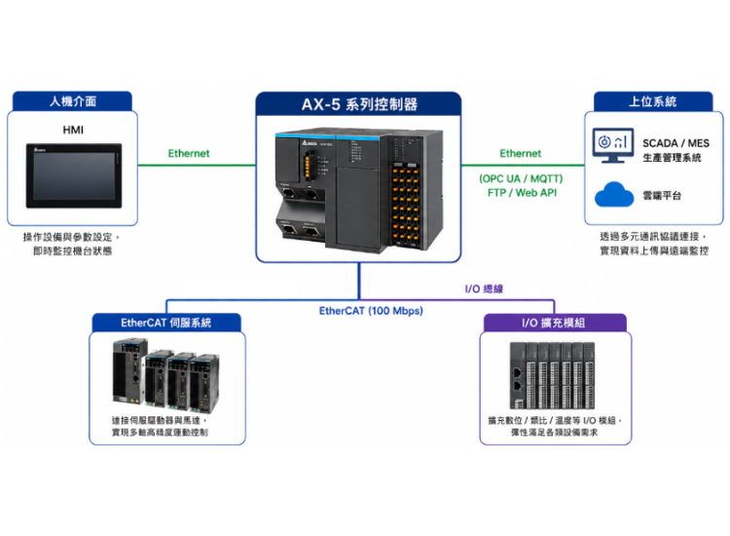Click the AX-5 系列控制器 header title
[359, 104]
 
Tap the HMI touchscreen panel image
[74, 175]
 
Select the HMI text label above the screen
[73, 130]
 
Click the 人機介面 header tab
[73, 101]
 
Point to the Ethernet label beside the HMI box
[189, 153]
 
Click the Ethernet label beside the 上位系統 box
[521, 153]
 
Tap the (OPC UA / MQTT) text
[521, 178]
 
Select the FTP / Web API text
[522, 193]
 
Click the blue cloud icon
[614, 194]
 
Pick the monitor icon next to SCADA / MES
[612, 145]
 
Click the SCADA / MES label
[676, 143]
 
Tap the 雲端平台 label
[662, 196]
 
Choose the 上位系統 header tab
[653, 101]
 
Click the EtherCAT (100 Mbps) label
[371, 311]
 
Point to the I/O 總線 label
[484, 289]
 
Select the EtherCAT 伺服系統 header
[166, 323]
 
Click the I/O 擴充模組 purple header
[553, 323]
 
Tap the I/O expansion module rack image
[552, 375]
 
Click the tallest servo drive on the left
[129, 371]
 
